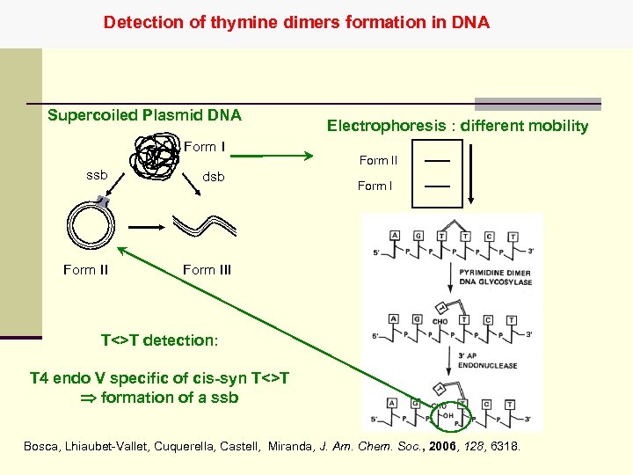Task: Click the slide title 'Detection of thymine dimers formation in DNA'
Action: coord(296,22)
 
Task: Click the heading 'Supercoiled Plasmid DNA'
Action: coord(144,115)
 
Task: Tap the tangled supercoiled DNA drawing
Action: coord(154,155)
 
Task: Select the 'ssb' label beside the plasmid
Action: coord(97,175)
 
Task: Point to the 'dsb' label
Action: coord(214,177)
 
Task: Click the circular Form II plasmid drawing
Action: coord(92,224)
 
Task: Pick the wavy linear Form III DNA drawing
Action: coord(205,225)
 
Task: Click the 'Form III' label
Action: coord(207,269)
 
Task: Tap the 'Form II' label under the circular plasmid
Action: coord(85,269)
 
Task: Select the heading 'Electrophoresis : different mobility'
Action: coord(457,126)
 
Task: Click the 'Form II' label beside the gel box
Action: coord(378,160)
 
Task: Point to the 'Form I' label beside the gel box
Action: coord(375,186)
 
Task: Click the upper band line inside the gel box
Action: coord(437,161)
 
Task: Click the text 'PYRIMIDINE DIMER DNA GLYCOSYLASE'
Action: coord(495,278)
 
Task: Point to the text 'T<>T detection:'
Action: coord(159,340)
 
